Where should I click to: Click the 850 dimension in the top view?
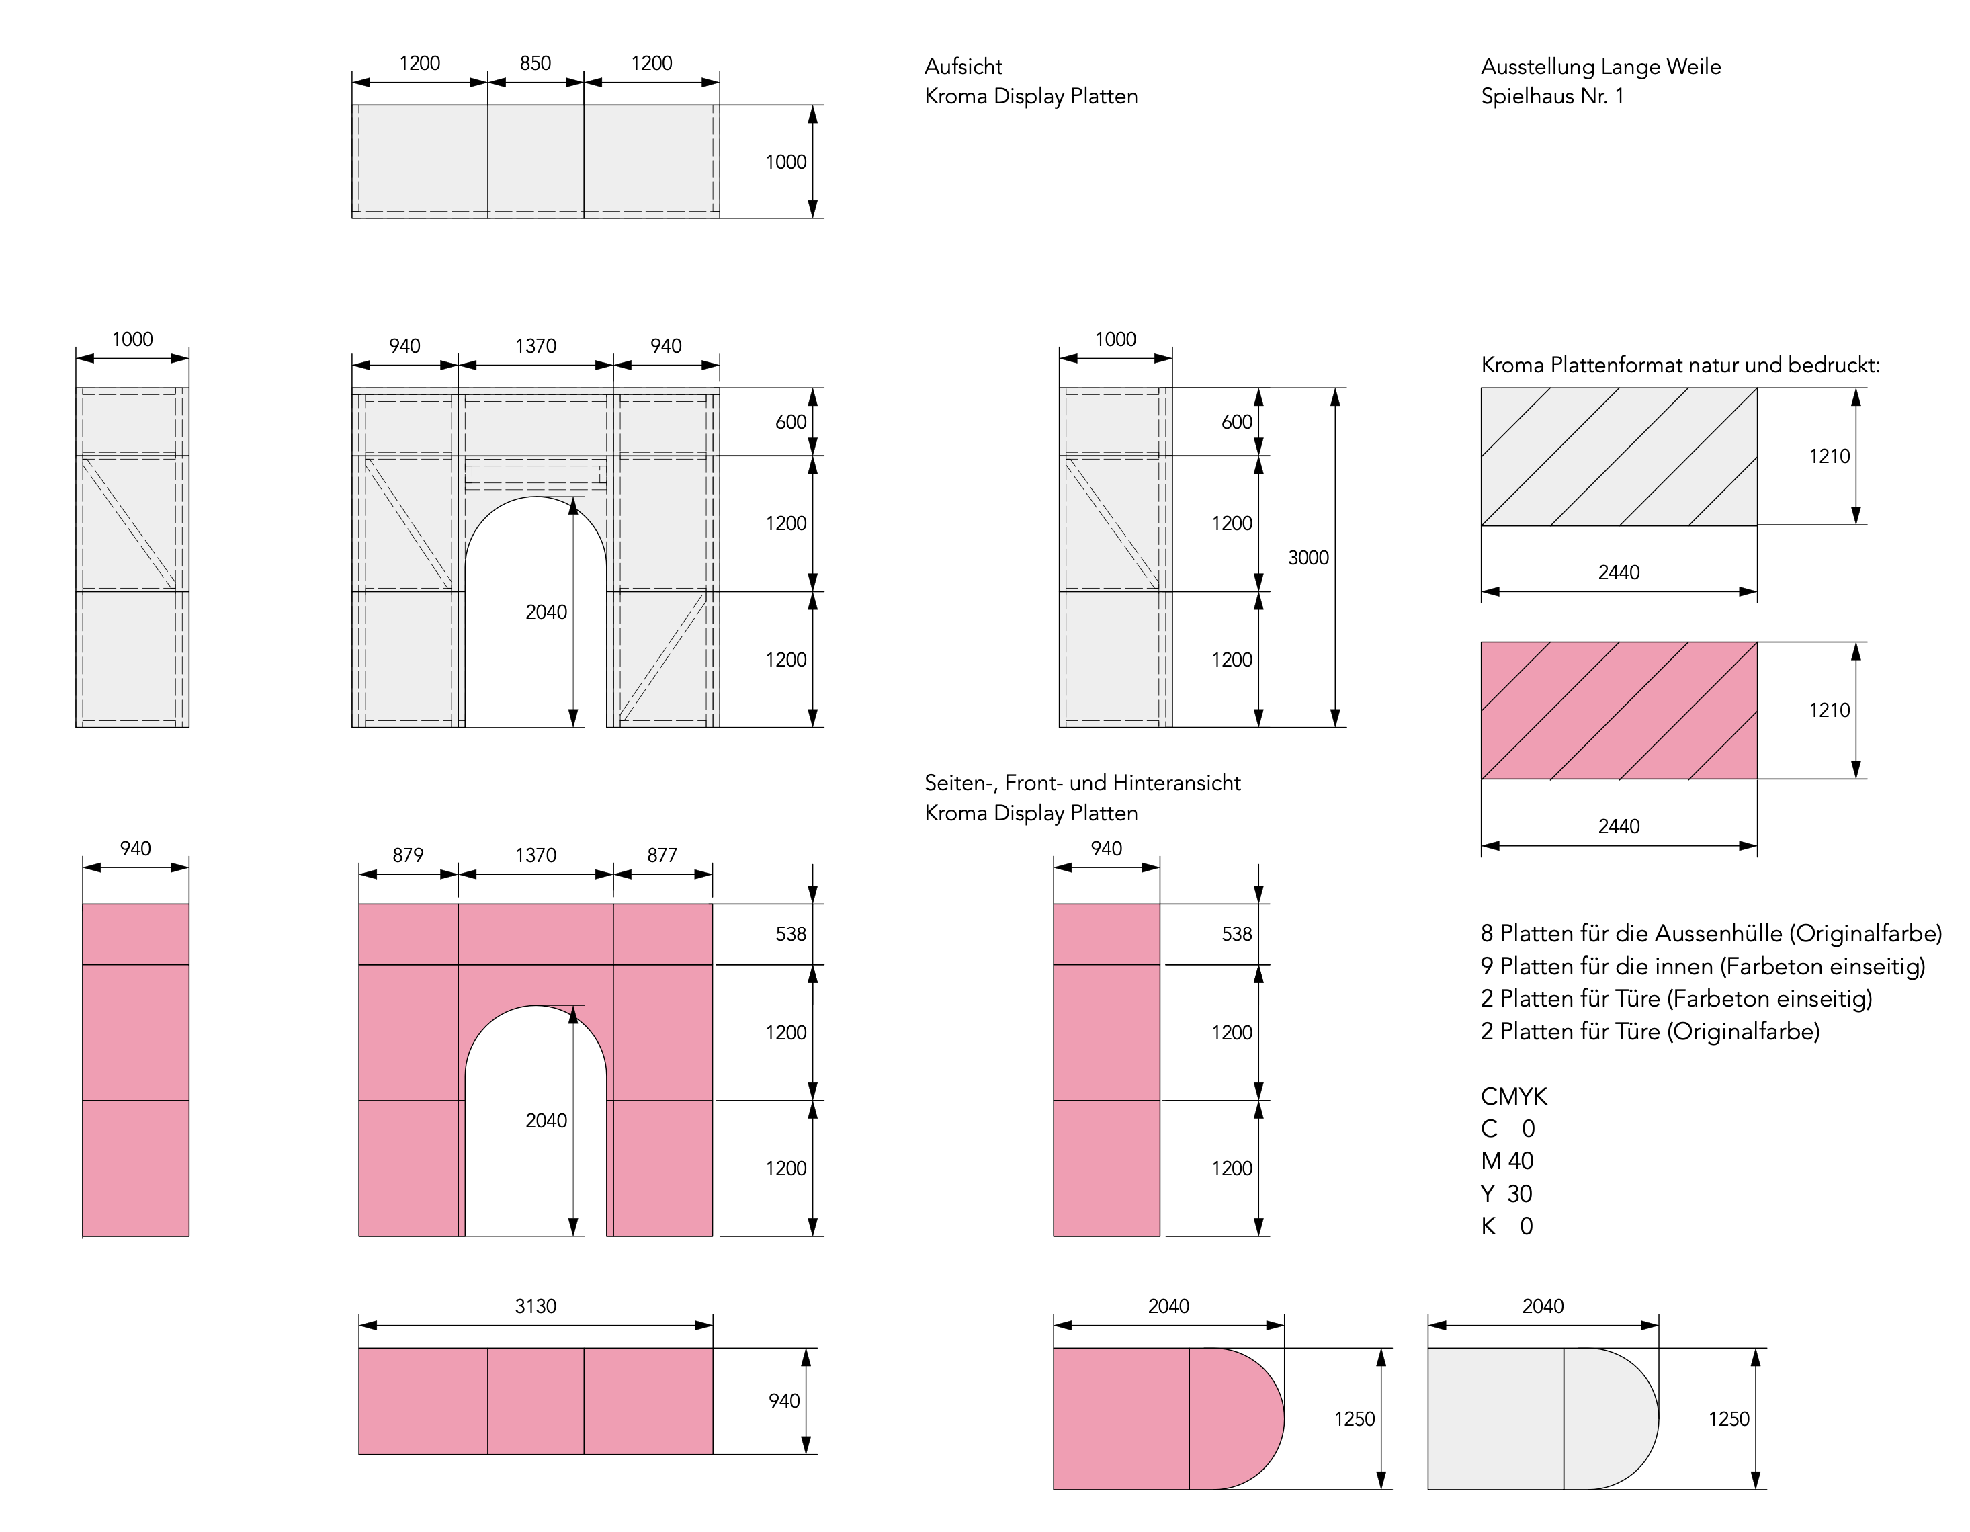click(535, 63)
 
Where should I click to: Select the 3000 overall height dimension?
click(1308, 558)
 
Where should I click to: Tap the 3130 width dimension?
click(535, 1306)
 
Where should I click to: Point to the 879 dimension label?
click(408, 855)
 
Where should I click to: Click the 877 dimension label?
click(661, 855)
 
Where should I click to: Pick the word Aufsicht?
click(963, 67)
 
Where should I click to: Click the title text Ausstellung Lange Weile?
click(1600, 67)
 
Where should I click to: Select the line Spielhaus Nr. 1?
click(1551, 97)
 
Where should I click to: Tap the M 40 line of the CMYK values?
click(1506, 1161)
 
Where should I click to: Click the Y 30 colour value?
click(1506, 1193)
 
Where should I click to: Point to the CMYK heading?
click(1514, 1096)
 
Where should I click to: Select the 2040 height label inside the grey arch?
click(546, 611)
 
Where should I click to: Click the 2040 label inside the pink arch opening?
click(546, 1121)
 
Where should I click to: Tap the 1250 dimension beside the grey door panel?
click(1728, 1418)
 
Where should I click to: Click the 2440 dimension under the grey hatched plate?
click(1618, 572)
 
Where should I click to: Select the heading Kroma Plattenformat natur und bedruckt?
click(1680, 366)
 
